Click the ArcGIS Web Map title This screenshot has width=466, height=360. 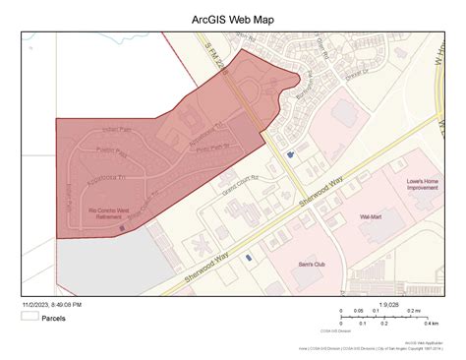(x=233, y=19)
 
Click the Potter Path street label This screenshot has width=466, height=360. (x=112, y=154)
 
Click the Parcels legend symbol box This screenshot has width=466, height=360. (x=29, y=317)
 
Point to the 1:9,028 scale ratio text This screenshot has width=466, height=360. (x=390, y=304)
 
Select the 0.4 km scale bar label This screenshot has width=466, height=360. (x=432, y=323)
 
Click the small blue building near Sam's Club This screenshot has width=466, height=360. (x=248, y=257)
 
